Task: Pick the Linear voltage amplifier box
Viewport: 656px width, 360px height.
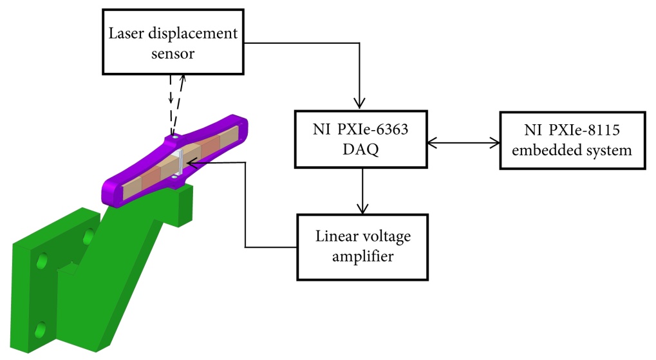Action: pyautogui.click(x=362, y=247)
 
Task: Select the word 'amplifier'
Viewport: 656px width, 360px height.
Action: pyautogui.click(x=362, y=256)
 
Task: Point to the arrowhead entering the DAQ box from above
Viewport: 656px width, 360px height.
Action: pyautogui.click(x=361, y=102)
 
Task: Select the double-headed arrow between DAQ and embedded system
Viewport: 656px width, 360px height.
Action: pyautogui.click(x=464, y=140)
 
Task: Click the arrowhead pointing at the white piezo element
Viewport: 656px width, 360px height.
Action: pyautogui.click(x=189, y=163)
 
